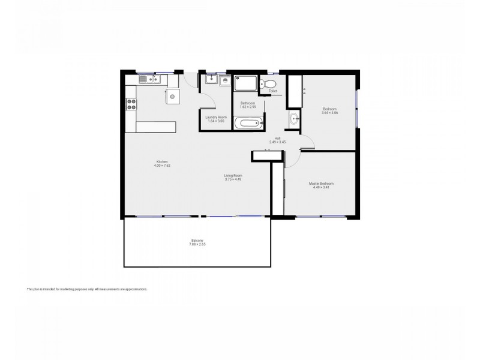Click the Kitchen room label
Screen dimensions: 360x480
[x=161, y=161]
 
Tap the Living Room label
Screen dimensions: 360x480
[x=232, y=175]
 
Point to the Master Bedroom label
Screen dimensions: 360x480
[x=321, y=183]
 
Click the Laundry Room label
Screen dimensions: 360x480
[x=215, y=117]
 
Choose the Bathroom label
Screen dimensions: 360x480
[x=248, y=103]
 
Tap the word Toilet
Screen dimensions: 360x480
[x=273, y=91]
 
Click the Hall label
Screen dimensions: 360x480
[x=277, y=138]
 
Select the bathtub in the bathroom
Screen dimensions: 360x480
[x=248, y=124]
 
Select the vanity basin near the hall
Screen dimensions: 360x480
[x=293, y=119]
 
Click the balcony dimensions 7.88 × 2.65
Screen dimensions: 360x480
[x=197, y=245]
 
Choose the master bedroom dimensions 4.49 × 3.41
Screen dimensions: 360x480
[x=321, y=187]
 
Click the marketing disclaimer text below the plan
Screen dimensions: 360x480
[x=87, y=289]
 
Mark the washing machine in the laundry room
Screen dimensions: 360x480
[x=224, y=80]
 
